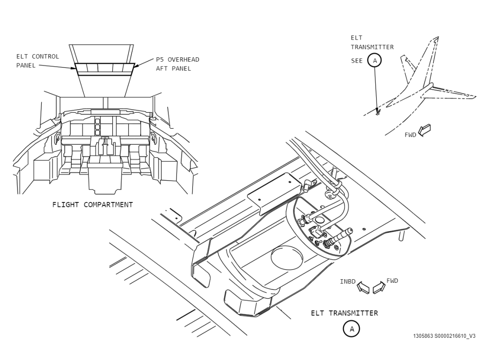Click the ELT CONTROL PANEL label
tap(38, 61)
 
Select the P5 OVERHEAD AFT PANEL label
tap(177, 64)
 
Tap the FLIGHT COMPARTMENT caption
tap(93, 205)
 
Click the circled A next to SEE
tap(375, 60)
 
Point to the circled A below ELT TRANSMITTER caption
tap(351, 329)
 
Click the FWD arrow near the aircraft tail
tap(424, 130)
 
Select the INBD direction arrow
tap(363, 288)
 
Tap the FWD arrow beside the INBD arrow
tap(379, 288)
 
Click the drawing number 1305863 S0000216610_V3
tap(444, 336)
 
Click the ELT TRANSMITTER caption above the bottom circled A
tap(344, 313)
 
